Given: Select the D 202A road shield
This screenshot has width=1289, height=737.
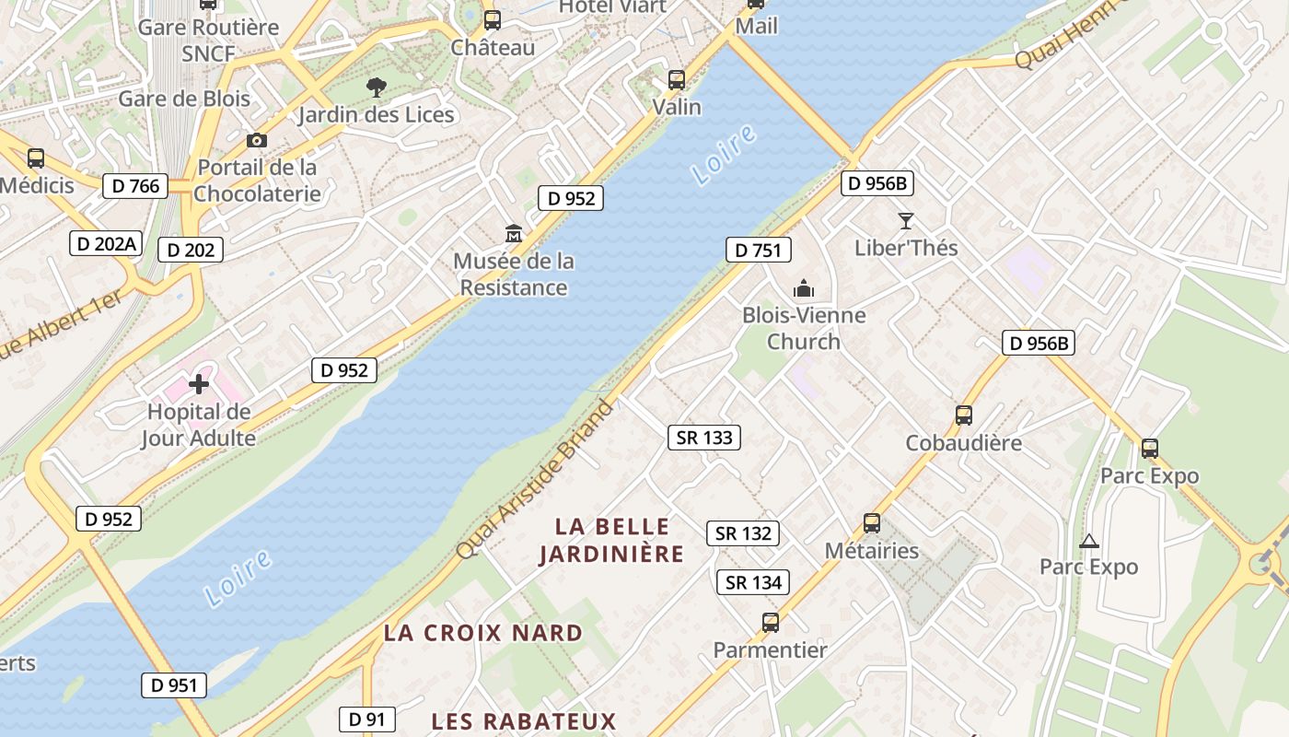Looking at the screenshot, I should coord(107,244).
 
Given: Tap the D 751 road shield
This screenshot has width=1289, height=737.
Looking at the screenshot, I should coord(758,250).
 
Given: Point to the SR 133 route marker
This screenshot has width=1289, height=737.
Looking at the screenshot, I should coord(704,438).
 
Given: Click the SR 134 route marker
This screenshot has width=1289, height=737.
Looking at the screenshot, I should coord(753,582).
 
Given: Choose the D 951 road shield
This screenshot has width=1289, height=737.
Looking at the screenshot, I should coord(174,685).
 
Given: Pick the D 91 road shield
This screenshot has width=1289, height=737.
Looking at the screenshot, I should coord(366,719).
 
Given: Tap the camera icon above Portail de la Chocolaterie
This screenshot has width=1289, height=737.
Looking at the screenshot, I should coord(257,141).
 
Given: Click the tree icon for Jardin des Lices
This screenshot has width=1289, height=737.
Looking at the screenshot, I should coord(376,88).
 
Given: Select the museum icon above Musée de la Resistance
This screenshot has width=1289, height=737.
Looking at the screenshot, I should coord(514,234).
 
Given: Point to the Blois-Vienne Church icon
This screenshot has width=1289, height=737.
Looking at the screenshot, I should coord(804,288).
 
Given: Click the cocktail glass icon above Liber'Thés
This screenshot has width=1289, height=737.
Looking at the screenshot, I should coord(906,221).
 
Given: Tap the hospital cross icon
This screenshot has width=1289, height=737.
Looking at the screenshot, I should coord(199,384).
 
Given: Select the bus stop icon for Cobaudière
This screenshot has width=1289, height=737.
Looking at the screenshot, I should coord(964,415).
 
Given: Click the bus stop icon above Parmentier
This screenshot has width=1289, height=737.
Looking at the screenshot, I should coord(771,623).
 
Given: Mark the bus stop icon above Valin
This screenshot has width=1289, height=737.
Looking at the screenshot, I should coord(677,80).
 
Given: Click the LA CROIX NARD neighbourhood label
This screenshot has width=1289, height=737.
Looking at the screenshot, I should coord(483,634).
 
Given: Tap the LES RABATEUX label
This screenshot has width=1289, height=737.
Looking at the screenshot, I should coord(523,720).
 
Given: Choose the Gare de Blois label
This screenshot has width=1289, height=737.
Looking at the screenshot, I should coord(184,99).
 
